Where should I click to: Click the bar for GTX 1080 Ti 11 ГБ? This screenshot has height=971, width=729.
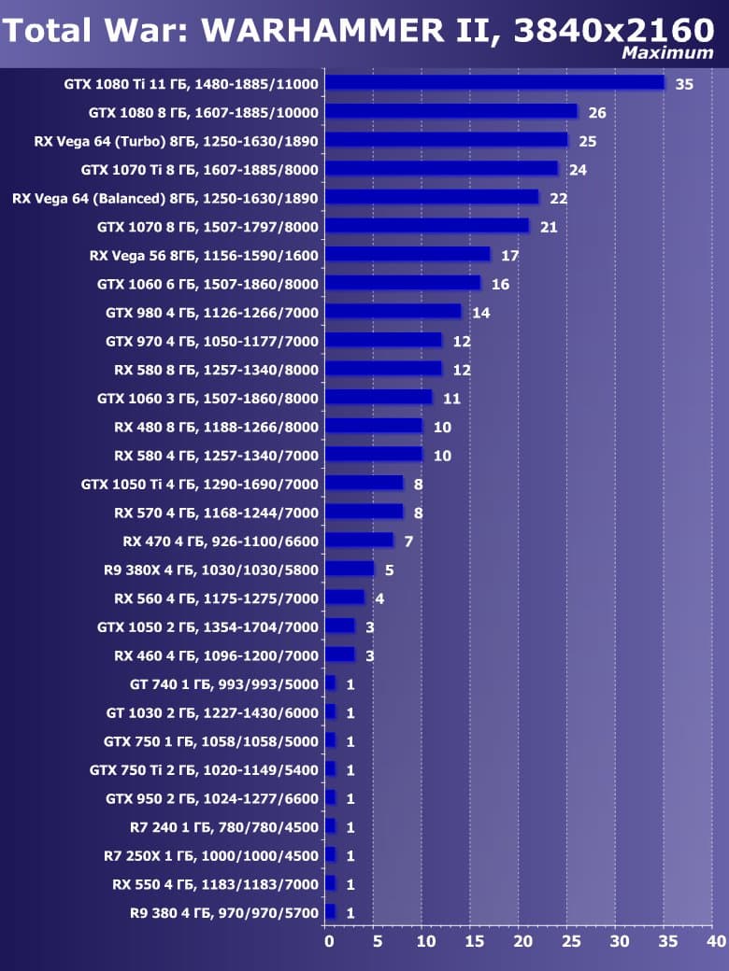(494, 83)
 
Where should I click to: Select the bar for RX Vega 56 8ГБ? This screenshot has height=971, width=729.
(407, 254)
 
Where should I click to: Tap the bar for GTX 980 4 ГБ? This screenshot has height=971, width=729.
(393, 311)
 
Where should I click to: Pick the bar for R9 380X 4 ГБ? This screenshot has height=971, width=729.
(350, 569)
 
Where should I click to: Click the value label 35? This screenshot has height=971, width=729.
(684, 84)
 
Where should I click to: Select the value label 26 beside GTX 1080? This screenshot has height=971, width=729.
(597, 113)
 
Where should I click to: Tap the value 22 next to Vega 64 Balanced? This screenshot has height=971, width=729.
(558, 198)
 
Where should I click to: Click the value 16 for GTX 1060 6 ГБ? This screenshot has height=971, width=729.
(500, 284)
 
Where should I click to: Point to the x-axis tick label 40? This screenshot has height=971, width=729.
(716, 941)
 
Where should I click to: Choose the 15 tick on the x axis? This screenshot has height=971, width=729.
(474, 941)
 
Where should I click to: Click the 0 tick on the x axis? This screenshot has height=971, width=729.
(329, 941)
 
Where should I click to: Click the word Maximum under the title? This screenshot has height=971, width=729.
(667, 53)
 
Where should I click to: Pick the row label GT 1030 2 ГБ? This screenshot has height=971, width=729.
(212, 712)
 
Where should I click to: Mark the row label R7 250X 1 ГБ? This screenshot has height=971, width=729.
(211, 855)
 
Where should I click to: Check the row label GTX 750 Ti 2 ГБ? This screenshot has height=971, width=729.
(204, 769)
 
